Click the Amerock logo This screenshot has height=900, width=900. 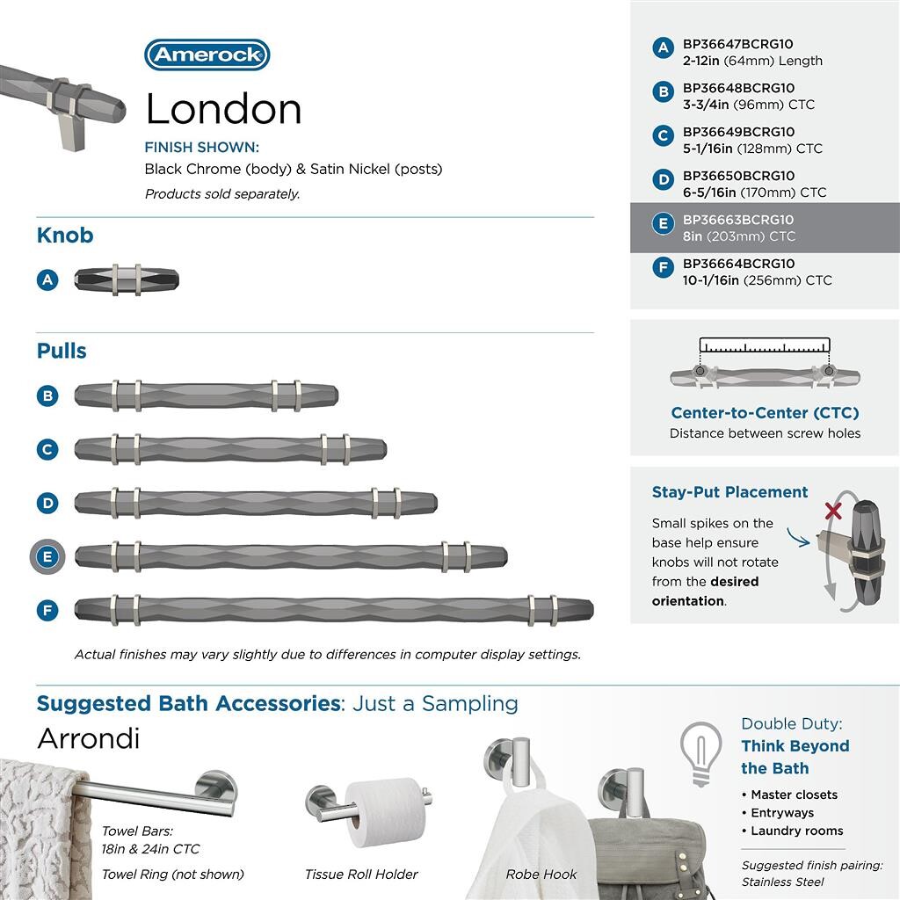207,54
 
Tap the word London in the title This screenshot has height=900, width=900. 223,109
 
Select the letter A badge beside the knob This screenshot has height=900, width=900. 47,279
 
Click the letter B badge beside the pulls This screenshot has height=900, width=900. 47,396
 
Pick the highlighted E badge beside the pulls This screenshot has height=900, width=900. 47,556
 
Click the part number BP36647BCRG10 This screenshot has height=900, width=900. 737,44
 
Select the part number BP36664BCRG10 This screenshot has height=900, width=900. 737,264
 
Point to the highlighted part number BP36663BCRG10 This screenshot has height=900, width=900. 737,220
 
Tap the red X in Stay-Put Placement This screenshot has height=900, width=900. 832,512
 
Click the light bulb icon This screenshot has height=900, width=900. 701,752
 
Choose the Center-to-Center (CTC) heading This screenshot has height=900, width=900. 765,413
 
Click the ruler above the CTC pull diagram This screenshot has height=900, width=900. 765,345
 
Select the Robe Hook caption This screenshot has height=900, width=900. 541,875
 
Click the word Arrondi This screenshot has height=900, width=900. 88,738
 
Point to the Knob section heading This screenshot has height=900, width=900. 65,236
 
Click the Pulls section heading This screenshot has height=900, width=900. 62,351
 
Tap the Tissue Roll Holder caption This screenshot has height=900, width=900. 361,875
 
